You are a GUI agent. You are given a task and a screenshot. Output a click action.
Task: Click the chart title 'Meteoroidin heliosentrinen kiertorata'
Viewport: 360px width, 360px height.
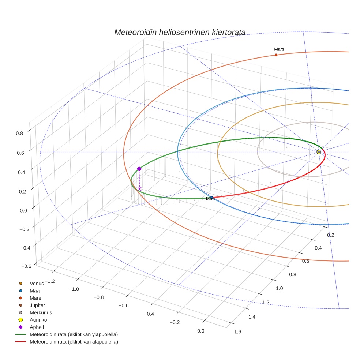180,32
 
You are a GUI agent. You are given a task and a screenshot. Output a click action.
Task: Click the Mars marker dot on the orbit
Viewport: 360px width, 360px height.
276,55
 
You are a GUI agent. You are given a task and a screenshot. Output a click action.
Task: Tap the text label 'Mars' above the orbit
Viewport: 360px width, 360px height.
279,49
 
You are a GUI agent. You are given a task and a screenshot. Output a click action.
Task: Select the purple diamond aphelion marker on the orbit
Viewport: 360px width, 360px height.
139,169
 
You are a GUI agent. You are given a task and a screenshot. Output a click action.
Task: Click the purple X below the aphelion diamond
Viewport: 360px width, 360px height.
139,189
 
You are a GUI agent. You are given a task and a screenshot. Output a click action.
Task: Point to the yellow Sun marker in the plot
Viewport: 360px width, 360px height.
319,152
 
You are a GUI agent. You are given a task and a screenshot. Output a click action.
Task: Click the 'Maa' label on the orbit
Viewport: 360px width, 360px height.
210,199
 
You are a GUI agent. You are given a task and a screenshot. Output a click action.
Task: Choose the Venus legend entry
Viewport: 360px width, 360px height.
37,283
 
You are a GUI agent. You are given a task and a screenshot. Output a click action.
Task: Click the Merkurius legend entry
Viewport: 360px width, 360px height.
41,312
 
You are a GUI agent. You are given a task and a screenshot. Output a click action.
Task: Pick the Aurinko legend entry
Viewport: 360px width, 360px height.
38,320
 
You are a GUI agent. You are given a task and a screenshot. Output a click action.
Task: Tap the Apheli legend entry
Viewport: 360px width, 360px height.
37,327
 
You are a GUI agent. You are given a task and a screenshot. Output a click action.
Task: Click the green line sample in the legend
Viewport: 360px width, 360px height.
21,334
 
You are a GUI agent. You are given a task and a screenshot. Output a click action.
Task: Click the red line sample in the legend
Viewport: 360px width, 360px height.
21,342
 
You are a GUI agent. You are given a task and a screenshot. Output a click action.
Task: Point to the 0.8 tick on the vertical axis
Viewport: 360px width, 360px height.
19,133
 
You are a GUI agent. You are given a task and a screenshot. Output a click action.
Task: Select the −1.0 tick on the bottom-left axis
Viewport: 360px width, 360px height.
74,289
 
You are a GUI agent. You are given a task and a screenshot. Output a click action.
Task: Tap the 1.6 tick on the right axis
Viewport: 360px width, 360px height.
237,332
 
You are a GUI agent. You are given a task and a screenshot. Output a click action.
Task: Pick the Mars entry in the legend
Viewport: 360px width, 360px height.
35,298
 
